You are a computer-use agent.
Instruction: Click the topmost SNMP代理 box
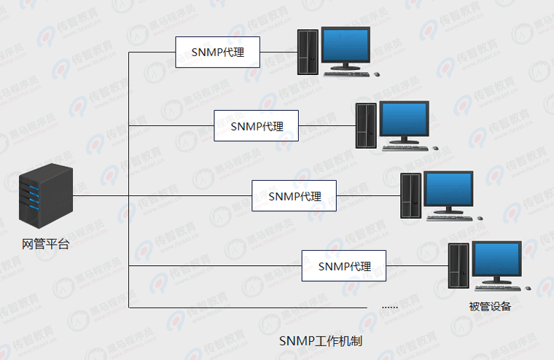click(217, 53)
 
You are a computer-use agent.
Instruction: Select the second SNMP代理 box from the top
click(256, 125)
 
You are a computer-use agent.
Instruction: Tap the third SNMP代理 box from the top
click(294, 196)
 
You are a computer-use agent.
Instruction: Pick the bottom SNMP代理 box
click(344, 267)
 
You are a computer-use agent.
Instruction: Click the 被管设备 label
click(490, 306)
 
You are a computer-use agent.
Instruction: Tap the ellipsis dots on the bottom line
click(390, 307)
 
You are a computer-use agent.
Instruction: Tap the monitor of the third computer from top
click(448, 189)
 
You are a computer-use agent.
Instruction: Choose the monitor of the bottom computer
click(496, 260)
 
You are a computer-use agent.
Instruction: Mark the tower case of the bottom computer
click(459, 267)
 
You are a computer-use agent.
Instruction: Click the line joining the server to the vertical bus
click(101, 195)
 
